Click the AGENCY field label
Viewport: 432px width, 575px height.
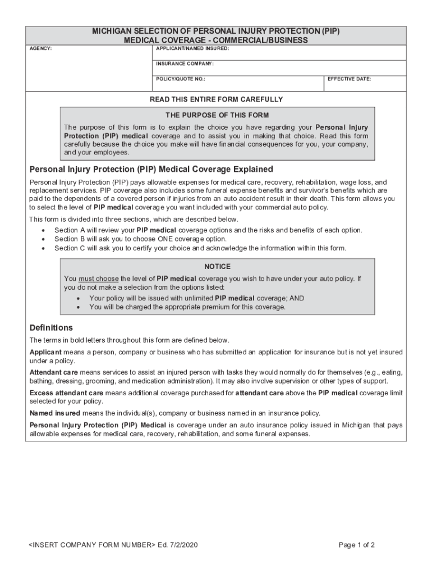(40, 49)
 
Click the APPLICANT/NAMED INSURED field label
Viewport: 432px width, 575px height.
(192, 49)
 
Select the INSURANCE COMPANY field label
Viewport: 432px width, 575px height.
(185, 64)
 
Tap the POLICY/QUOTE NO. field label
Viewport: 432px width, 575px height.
(181, 79)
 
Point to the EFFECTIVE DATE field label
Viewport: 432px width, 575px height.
(349, 79)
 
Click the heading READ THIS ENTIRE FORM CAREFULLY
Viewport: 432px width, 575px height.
(216, 99)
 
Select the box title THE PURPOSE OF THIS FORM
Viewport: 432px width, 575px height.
(217, 116)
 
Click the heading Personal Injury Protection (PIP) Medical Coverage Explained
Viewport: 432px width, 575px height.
(151, 169)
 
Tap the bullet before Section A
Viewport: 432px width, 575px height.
(44, 231)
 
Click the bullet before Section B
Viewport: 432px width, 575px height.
(44, 239)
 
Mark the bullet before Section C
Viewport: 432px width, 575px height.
(44, 248)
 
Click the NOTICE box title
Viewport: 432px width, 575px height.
(217, 267)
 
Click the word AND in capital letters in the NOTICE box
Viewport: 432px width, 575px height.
(297, 299)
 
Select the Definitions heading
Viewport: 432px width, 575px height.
(51, 327)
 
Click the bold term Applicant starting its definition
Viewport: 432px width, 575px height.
(45, 352)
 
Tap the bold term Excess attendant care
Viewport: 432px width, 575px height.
(67, 393)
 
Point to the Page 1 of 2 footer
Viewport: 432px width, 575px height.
(357, 545)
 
